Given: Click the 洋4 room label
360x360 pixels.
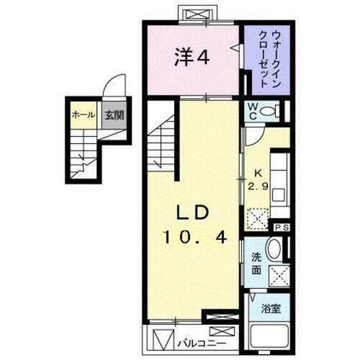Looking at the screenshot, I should tap(191, 58).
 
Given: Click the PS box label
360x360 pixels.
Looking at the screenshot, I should tap(281, 227).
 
